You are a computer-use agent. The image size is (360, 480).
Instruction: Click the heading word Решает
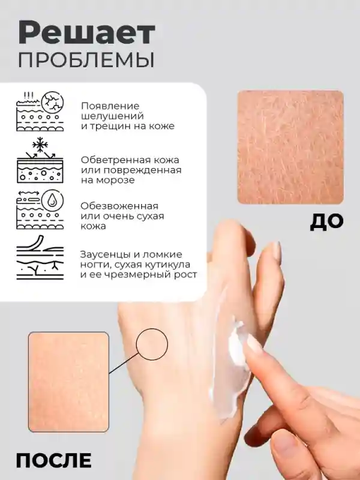click(86, 34)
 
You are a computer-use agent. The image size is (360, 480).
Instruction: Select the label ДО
click(326, 221)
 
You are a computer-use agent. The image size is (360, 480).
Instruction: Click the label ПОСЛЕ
click(53, 460)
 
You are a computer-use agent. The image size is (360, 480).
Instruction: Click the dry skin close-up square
click(290, 147)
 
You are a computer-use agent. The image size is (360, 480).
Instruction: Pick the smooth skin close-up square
click(68, 382)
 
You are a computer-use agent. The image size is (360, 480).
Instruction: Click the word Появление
click(110, 106)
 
